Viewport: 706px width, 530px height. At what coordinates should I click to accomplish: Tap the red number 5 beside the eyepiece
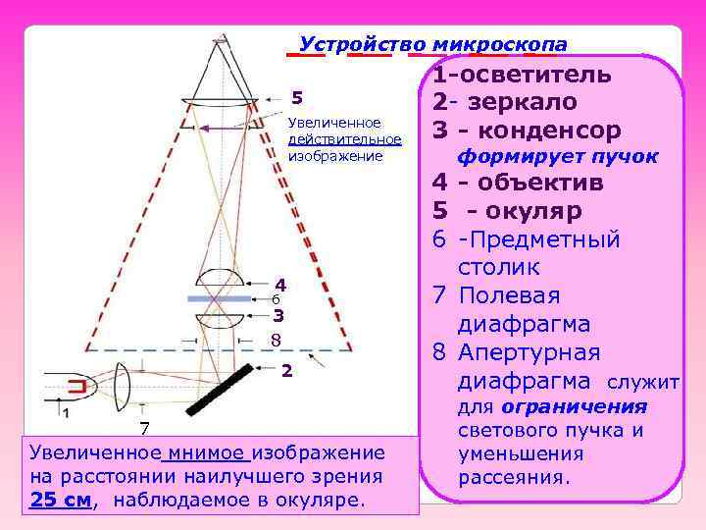point(298,97)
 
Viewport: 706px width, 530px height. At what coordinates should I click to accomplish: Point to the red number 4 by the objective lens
point(279,284)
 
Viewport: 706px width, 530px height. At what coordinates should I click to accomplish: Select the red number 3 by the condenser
point(278,315)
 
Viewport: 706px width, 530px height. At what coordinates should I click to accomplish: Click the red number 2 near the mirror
point(286,370)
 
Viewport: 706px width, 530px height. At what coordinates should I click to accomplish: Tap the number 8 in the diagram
point(276,340)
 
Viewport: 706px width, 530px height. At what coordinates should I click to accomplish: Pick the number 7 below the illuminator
point(144,428)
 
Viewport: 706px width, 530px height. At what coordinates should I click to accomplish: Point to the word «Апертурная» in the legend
point(529,352)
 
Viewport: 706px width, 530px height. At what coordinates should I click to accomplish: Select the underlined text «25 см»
point(60,499)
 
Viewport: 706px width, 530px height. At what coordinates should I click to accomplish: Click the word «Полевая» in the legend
point(511,296)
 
